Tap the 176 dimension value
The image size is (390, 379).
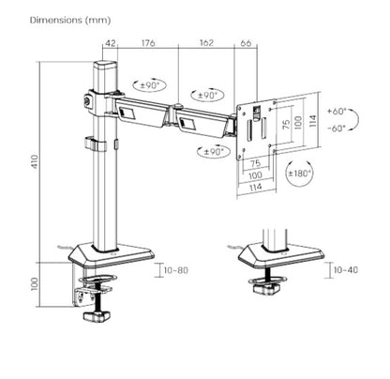(148, 41)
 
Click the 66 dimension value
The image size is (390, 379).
(247, 41)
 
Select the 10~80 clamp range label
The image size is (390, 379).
(177, 271)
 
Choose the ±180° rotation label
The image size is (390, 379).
(301, 173)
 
